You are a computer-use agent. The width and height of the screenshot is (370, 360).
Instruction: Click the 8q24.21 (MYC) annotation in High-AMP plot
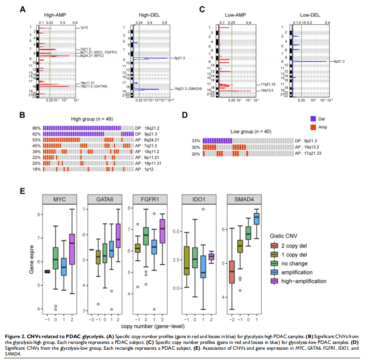[93, 56]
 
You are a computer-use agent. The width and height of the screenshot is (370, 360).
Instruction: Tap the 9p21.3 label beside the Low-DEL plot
[336, 61]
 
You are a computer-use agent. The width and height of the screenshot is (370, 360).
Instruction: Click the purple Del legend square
[314, 119]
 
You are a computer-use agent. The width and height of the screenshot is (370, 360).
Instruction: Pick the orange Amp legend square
[314, 127]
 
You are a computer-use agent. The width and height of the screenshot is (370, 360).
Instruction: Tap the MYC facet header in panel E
[58, 200]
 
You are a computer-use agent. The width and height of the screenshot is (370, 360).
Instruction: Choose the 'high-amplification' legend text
[303, 281]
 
